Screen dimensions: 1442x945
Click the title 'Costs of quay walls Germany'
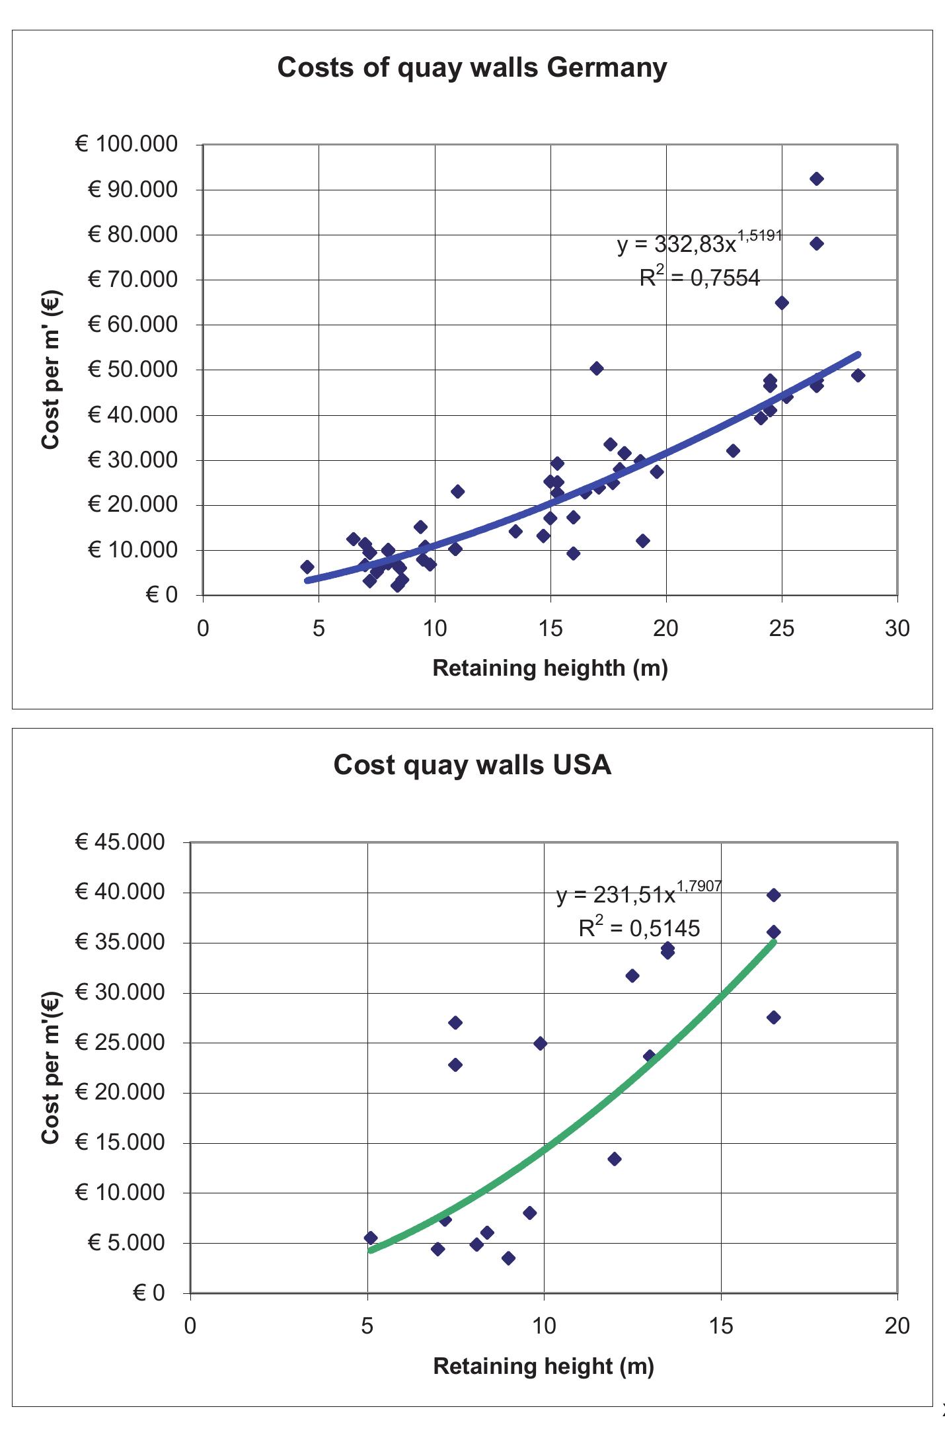coord(472,67)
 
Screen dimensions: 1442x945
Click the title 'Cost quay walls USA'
coord(472,765)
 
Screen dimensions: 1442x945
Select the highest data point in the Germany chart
coord(817,179)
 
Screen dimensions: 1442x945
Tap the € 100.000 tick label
coord(127,143)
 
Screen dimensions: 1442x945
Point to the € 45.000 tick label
coord(120,842)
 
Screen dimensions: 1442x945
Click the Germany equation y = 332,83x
coord(699,243)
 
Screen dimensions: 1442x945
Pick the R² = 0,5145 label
coord(639,928)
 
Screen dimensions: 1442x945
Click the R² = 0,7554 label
coord(700,278)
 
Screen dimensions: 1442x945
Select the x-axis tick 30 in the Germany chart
coord(897,628)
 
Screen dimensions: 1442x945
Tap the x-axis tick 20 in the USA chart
coord(897,1326)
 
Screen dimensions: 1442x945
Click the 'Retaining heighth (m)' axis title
coord(550,668)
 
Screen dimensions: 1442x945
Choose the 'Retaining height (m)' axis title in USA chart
coord(543,1366)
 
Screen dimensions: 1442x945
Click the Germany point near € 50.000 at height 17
coord(597,368)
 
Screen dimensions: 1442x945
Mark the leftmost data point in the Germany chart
coord(307,567)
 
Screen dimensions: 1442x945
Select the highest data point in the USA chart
coord(774,895)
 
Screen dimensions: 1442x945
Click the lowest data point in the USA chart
coord(508,1258)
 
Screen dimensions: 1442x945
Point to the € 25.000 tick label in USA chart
coord(120,1043)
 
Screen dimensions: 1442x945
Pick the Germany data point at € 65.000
coord(782,303)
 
